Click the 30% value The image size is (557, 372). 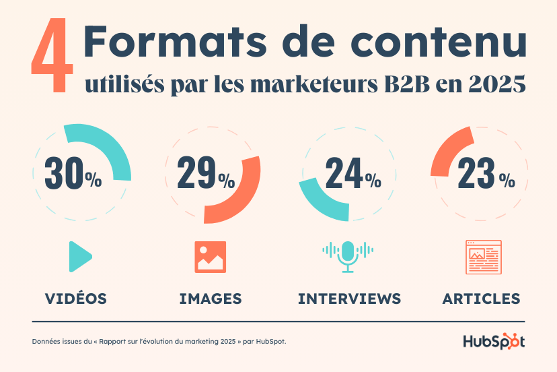73,174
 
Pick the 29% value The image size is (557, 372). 206,174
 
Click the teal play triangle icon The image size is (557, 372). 79,257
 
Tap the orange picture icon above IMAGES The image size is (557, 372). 211,257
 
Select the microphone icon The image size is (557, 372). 347,255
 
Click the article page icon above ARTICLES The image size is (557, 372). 484,257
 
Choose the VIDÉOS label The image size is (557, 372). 75,298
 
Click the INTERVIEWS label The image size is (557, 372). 349,298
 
